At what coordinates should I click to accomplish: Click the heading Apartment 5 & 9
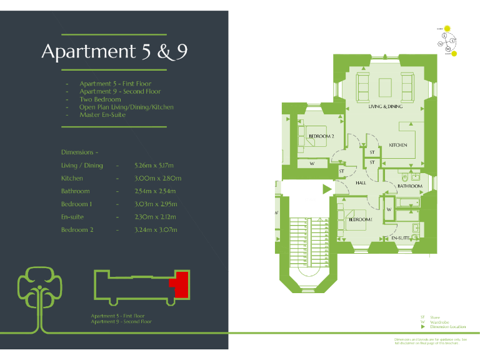(114, 52)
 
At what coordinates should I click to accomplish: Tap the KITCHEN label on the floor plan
(398, 145)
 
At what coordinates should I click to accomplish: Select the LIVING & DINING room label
(385, 107)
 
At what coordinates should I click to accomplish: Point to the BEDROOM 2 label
(321, 136)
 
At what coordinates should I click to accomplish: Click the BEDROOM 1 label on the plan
(361, 219)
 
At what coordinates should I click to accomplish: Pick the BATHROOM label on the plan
(409, 186)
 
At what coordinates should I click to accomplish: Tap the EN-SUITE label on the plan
(400, 238)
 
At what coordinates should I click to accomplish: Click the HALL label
(361, 183)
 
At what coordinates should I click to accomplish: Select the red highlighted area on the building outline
(180, 285)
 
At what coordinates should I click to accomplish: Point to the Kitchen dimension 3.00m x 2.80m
(157, 178)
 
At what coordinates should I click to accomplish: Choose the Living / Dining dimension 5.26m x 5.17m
(156, 166)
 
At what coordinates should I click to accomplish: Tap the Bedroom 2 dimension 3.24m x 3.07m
(156, 230)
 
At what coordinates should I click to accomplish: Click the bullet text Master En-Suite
(102, 115)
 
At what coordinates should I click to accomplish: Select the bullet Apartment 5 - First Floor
(115, 84)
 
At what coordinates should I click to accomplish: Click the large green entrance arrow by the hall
(326, 188)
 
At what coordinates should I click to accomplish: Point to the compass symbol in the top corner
(447, 41)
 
